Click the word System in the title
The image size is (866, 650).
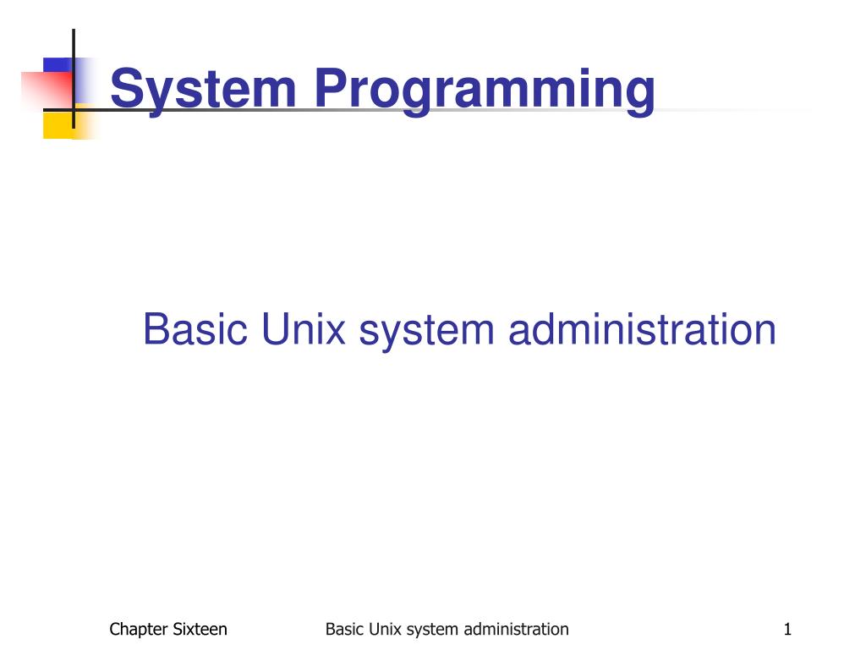(204, 89)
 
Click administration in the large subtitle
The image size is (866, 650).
(642, 329)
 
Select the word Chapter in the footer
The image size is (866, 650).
(139, 629)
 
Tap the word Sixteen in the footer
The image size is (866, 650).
(200, 629)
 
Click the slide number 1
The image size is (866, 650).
(787, 629)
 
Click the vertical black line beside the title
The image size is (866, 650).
(74, 80)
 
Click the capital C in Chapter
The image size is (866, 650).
(114, 629)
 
